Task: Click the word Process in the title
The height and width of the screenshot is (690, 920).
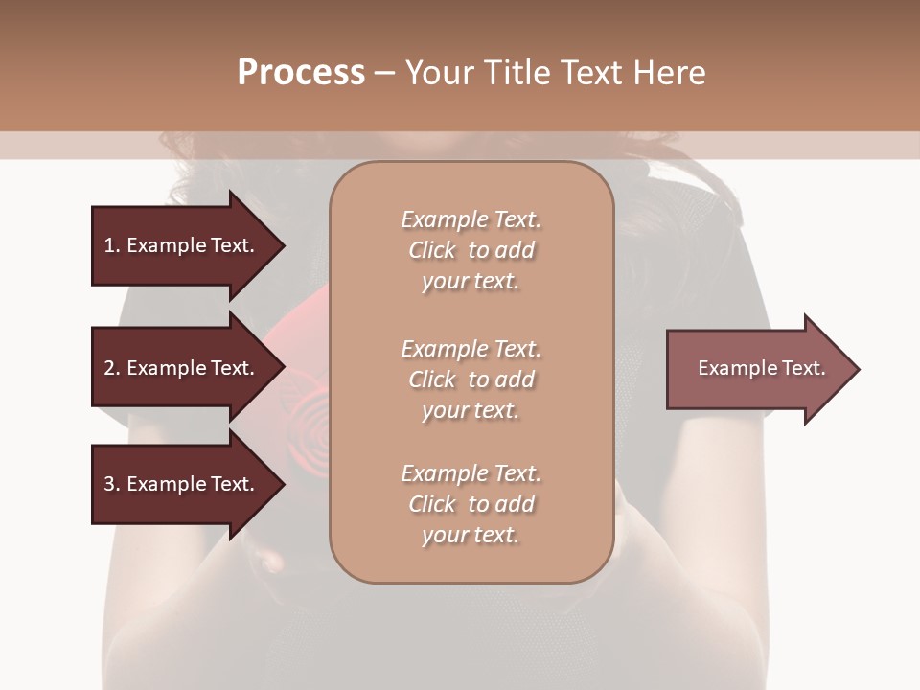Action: pos(301,72)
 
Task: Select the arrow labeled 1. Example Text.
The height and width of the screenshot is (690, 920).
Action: pos(182,245)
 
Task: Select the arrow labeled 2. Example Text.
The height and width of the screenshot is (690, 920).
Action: pos(182,368)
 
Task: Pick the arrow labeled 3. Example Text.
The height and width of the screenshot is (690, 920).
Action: pos(182,484)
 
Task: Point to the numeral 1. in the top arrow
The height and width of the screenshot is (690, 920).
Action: pos(111,245)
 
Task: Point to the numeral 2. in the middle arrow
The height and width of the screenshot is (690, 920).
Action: pos(111,368)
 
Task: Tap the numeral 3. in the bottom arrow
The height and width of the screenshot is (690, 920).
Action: pos(111,484)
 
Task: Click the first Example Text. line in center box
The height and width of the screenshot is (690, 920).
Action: pos(471,219)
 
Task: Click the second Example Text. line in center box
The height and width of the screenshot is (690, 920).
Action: pos(471,349)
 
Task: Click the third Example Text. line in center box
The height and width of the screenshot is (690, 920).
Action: pos(471,473)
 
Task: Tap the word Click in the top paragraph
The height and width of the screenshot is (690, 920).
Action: pos(431,250)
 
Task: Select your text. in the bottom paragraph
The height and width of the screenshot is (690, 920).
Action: pos(471,535)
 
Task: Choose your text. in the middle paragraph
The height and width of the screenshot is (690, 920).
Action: pos(471,410)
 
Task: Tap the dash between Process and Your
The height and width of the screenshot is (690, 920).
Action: pos(385,74)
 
